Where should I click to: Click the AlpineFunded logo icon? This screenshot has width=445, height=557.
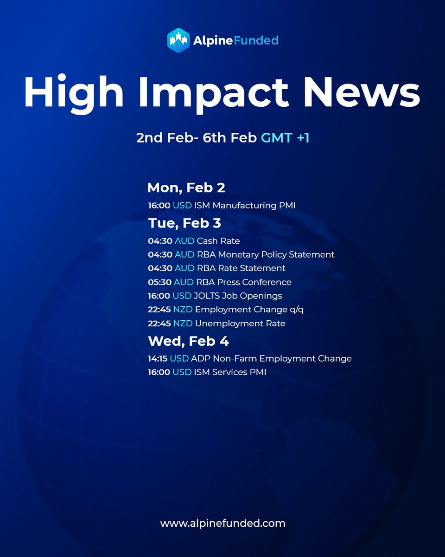coord(178,40)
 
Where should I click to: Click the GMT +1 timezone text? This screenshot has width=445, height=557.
coord(285,138)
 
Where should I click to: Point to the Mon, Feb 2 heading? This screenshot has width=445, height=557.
coord(186,188)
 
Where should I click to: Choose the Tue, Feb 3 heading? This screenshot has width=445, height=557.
coord(184,223)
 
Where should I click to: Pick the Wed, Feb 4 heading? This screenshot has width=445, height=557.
coord(188,341)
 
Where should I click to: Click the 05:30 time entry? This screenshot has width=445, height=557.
coord(159,282)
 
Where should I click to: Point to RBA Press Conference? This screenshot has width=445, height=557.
coord(243,282)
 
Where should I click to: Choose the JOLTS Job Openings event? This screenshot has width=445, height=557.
coord(238,296)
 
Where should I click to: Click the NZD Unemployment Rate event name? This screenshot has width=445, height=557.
coord(240,323)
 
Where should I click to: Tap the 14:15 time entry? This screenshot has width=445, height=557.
coord(158,358)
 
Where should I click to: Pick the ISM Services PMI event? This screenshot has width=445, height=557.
coord(230,372)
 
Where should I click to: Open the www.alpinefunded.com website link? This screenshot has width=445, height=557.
coord(222,523)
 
